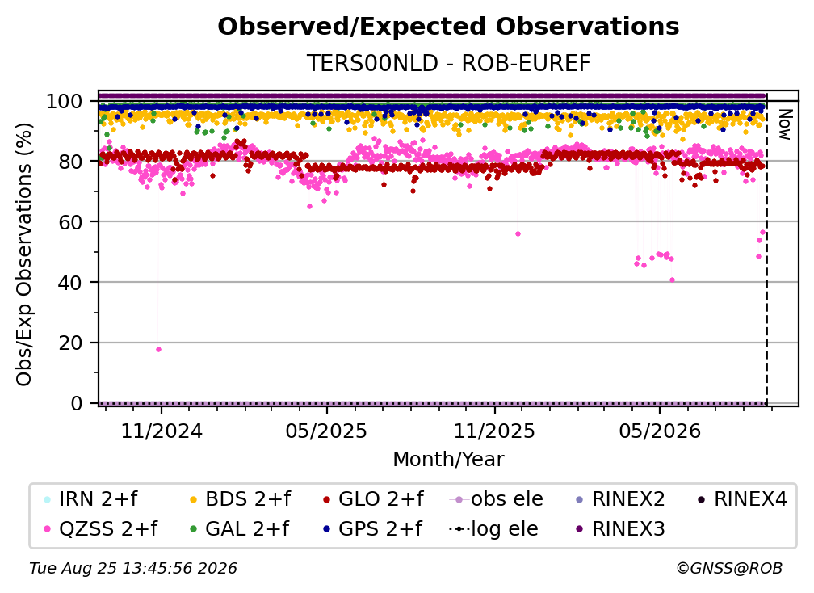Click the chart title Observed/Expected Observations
point(448,27)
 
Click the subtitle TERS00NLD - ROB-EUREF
point(448,63)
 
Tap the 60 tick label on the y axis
point(70,221)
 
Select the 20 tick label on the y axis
point(70,343)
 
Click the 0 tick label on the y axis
point(77,403)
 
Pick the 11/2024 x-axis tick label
point(162,431)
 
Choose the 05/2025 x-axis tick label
point(326,431)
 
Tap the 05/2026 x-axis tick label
point(660,431)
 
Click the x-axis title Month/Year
point(448,459)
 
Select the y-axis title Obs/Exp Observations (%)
point(24,254)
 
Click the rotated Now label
point(784,124)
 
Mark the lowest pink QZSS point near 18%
point(158,350)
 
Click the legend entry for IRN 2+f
point(91,499)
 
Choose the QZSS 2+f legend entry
point(101,528)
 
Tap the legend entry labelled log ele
point(493,528)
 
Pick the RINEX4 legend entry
point(742,499)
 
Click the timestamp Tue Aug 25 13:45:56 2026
point(133,569)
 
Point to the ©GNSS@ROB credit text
point(729,569)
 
